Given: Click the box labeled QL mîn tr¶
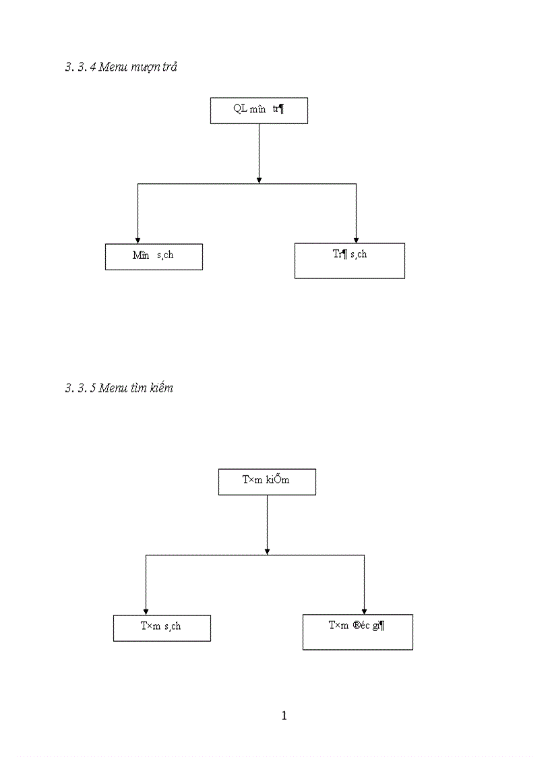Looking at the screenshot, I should pos(259,111).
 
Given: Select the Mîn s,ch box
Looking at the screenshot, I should pos(154,256).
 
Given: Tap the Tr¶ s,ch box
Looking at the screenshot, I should pos(349,260).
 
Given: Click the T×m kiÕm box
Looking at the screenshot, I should pos(267,481).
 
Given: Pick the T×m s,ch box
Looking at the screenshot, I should pos(162,628).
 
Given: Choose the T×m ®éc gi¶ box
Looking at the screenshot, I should pos(357,632).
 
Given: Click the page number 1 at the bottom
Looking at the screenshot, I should pos(284,716).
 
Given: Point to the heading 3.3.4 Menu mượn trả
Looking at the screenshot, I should pos(121,67).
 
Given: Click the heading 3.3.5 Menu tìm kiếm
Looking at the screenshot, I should pos(119,388).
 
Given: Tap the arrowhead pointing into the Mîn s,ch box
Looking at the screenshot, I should pos(137,239).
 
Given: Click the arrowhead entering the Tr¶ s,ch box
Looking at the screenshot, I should pos(356,239).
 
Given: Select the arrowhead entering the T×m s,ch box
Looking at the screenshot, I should pos(146,611).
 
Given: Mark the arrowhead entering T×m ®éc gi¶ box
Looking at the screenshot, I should pos(364,611).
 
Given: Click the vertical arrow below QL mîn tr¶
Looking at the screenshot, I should pos(259,152).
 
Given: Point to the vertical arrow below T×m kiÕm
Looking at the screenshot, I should pos(267,522).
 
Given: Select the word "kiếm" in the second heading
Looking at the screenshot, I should pos(160,388).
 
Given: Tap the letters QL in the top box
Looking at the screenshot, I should pos(240,109).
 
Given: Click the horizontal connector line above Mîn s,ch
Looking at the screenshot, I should pos(195,183).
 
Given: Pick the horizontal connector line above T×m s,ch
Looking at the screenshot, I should pos(202,555).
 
